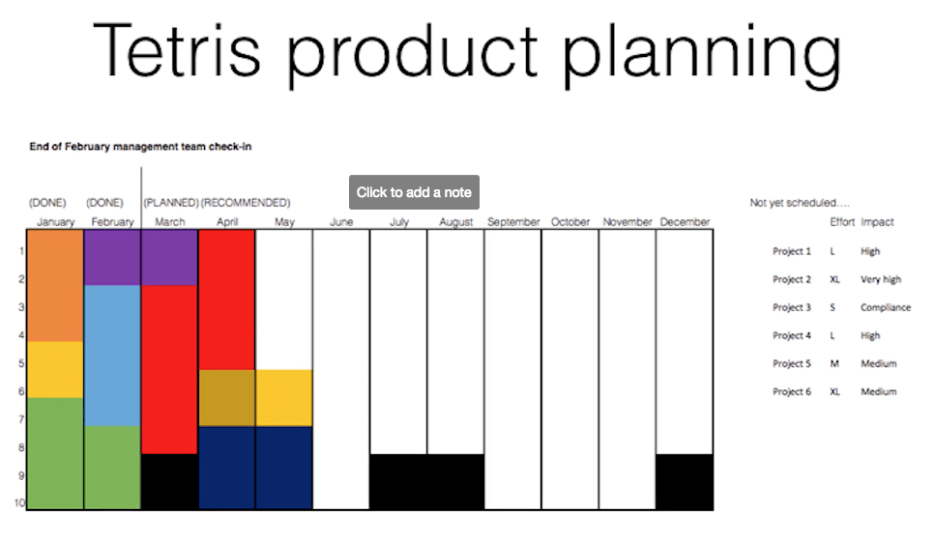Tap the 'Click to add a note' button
point(414,192)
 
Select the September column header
point(512,222)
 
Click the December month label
point(685,222)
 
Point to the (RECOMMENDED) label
point(246,203)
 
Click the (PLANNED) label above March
point(170,203)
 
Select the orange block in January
point(55,286)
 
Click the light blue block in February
point(112,354)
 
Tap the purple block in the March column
point(170,258)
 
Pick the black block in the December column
point(685,481)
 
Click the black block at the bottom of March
point(170,481)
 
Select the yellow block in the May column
point(284,398)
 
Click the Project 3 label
point(792,308)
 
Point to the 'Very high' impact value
point(880,280)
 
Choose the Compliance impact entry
point(885,308)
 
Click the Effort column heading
point(842,222)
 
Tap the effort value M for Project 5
point(834,364)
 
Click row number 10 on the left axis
point(18,502)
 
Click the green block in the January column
point(55,453)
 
